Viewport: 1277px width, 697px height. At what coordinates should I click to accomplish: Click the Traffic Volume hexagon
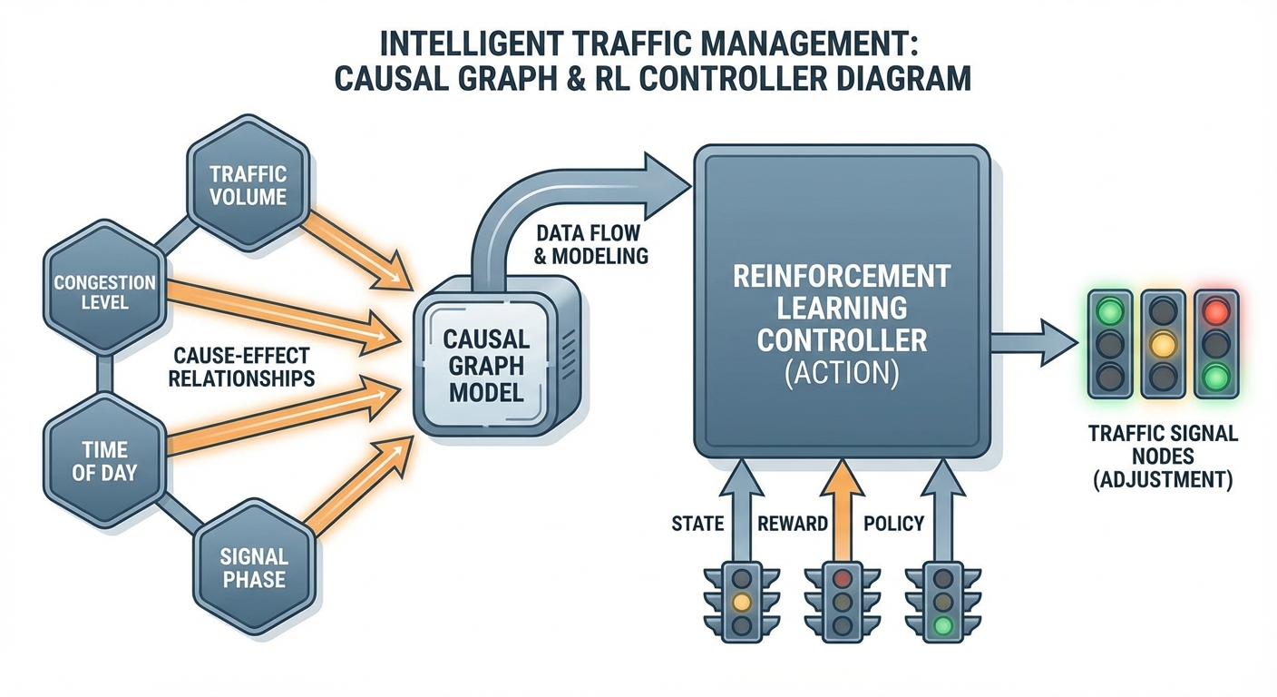tap(248, 184)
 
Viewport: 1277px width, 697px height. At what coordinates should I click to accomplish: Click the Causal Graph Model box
tap(485, 367)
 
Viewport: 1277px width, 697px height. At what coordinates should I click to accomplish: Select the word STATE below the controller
tap(697, 524)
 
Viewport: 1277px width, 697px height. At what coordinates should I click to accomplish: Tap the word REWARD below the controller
tap(793, 524)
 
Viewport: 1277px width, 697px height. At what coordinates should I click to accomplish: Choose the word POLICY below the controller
tap(893, 524)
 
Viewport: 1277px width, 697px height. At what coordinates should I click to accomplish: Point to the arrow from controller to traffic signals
tap(1034, 341)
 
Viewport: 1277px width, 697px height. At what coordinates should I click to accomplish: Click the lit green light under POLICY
tap(944, 624)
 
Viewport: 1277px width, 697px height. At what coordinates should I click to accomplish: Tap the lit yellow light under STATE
tap(743, 601)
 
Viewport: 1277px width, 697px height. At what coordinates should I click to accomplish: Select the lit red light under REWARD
tap(843, 577)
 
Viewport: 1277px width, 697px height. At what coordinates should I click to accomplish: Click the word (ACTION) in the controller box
tap(841, 373)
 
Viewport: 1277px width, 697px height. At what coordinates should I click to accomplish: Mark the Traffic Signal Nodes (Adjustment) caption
tap(1162, 456)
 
